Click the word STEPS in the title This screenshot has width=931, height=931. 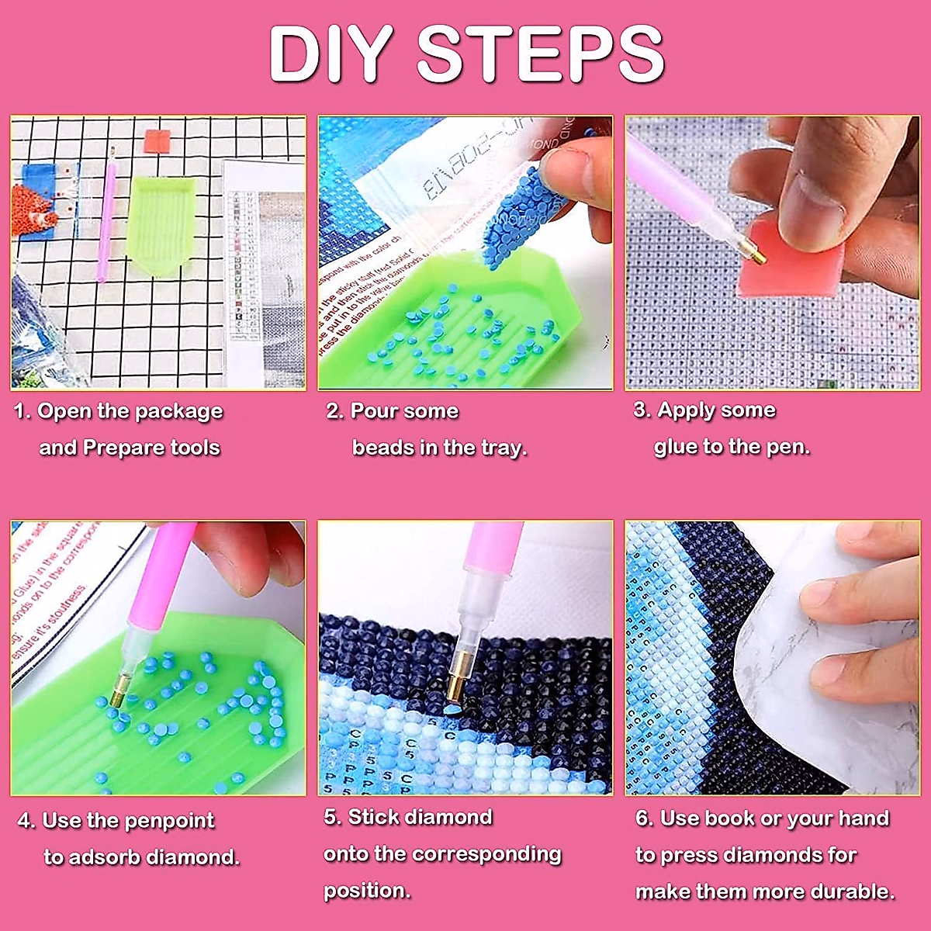click(x=541, y=54)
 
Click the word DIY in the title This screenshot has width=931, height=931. click(x=329, y=54)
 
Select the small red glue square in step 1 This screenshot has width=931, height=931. click(x=157, y=142)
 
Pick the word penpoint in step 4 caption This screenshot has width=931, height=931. click(x=168, y=821)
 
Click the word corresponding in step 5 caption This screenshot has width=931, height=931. click(x=486, y=854)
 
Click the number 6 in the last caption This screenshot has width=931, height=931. click(x=643, y=819)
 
